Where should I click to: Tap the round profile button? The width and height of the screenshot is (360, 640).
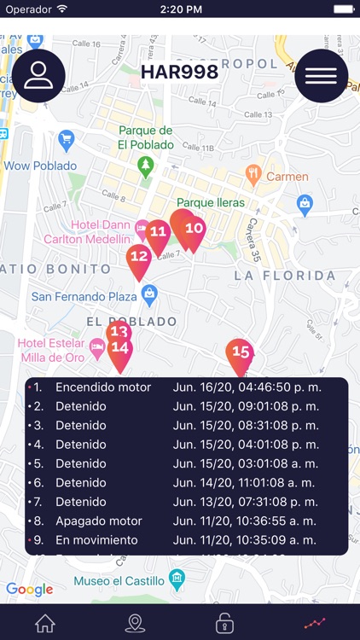38,76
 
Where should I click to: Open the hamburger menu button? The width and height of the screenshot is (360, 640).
321,76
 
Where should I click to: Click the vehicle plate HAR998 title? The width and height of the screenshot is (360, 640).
179,73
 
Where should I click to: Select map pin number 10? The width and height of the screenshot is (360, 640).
193,229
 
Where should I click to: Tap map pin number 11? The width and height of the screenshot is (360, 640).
158,232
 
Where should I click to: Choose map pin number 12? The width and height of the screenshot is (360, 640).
138,256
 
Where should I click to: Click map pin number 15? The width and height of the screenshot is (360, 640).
241,352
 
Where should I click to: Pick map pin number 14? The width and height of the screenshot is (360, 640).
120,349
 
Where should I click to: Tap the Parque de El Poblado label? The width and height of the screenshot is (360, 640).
146,137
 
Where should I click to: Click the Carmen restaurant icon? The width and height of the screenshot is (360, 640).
253,176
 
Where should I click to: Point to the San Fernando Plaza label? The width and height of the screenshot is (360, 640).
84,297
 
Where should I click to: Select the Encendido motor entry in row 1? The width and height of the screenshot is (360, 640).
103,387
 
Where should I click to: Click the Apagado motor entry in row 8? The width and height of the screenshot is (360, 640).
99,521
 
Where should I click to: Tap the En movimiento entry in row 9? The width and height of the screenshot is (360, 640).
96,540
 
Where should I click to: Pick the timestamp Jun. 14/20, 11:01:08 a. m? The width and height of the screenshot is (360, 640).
245,483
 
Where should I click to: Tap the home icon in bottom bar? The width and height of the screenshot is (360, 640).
45,623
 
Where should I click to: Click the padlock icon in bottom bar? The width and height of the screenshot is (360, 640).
224,623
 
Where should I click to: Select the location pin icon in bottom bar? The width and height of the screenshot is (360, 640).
135,623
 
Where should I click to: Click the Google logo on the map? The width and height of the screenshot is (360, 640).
29,590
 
